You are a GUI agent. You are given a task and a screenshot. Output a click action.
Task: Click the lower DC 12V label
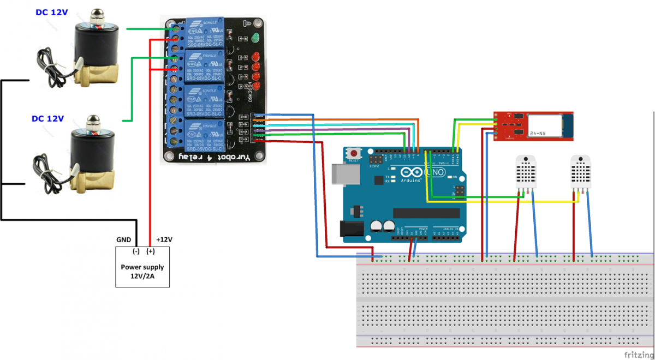[47, 118]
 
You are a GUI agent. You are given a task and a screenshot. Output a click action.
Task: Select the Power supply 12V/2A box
[142, 267]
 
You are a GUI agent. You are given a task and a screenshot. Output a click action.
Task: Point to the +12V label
[164, 239]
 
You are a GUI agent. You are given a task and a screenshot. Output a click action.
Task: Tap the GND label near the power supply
[123, 239]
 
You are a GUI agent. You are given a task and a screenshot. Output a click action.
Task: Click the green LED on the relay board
[255, 38]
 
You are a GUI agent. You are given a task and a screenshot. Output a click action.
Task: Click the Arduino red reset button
[355, 154]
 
